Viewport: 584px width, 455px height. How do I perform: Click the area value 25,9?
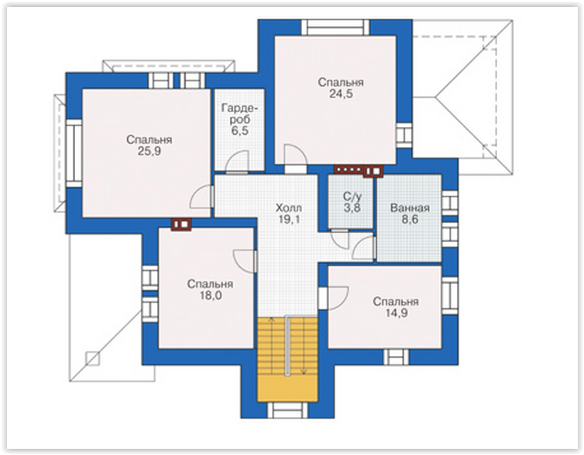(149, 152)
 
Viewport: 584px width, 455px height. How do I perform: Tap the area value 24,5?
(341, 94)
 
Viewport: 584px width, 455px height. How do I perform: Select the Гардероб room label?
(239, 114)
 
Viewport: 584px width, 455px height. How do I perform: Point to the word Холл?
(289, 208)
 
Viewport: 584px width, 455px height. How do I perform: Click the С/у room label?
(352, 197)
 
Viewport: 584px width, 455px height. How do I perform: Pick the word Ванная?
(410, 208)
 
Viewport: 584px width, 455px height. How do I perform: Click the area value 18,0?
(210, 296)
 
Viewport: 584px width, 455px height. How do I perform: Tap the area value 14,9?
(396, 313)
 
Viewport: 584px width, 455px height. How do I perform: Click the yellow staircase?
(287, 359)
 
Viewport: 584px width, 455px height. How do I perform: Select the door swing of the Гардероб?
(238, 162)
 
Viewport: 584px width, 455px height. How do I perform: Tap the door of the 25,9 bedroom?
(202, 197)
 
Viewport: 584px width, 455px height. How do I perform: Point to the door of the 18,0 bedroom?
(245, 262)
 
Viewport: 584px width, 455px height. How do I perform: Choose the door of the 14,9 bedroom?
(333, 298)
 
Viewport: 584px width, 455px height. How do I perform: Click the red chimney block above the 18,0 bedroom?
(181, 224)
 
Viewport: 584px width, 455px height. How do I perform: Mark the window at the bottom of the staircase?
(287, 410)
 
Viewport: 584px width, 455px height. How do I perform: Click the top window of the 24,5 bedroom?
(335, 28)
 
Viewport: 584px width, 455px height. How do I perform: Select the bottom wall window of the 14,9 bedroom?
(397, 357)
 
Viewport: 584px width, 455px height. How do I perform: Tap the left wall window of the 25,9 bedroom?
(74, 153)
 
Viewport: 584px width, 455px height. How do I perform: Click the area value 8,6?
(410, 220)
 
